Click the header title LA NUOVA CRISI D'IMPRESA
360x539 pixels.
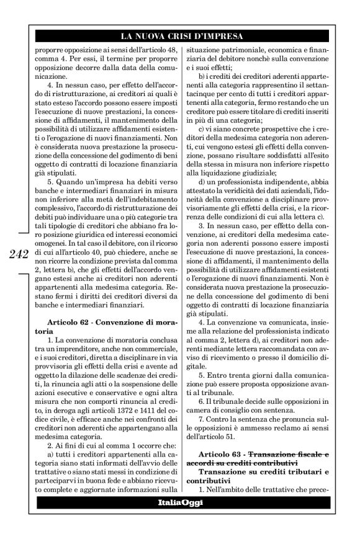click(182, 33)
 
